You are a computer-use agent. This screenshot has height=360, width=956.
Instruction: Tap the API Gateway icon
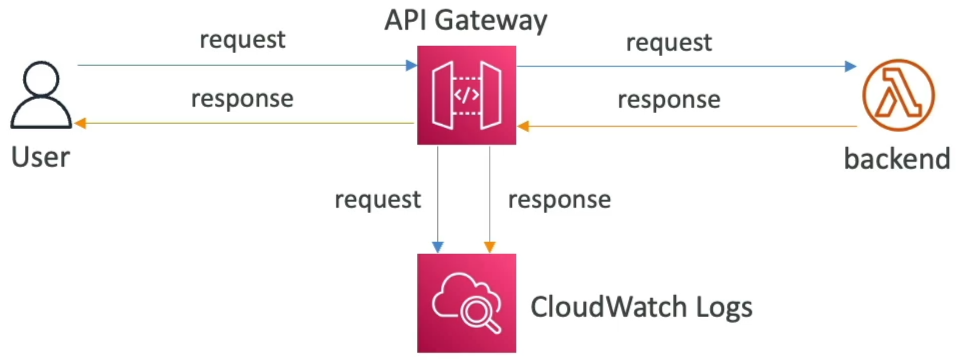coord(466,95)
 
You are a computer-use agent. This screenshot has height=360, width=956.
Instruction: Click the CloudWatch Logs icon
coord(466,303)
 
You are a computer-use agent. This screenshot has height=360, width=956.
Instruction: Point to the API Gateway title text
coord(466,21)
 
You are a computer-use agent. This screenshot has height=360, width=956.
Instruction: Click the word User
coord(40,157)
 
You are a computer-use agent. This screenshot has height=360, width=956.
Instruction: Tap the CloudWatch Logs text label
coord(641,307)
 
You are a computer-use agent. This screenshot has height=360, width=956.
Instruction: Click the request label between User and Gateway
coord(243,41)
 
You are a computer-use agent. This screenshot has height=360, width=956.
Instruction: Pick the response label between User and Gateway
coord(243,99)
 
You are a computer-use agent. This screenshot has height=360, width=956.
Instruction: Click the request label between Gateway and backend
coord(669,43)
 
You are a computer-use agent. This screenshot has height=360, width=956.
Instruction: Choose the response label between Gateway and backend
coord(669,99)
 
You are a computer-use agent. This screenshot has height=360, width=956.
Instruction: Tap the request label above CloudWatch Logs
coord(377,200)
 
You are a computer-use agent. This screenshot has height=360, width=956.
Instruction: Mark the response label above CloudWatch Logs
coord(560,200)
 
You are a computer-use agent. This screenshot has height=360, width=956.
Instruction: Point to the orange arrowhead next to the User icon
coord(79,124)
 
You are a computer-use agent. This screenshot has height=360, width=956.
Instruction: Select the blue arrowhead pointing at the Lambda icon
coord(851,66)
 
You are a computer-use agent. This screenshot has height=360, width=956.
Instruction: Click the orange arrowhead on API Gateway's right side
coord(523,126)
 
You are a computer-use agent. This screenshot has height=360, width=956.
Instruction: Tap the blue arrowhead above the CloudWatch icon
coord(438,247)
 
